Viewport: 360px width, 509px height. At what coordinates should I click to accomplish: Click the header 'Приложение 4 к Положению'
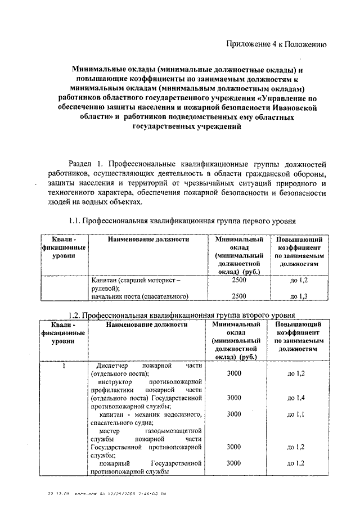[x=276, y=44]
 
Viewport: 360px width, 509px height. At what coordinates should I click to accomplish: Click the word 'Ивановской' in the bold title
[x=296, y=107]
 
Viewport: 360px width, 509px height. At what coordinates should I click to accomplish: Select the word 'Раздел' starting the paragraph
[x=81, y=163]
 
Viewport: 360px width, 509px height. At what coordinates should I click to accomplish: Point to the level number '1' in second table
[x=64, y=366]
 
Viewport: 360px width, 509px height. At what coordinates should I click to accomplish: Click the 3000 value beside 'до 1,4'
[x=235, y=398]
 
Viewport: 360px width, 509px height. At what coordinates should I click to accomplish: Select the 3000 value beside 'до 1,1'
[x=235, y=414]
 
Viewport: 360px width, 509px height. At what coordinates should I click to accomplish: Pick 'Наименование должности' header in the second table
[x=146, y=325]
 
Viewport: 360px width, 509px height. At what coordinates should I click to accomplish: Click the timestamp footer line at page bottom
[x=106, y=493]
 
